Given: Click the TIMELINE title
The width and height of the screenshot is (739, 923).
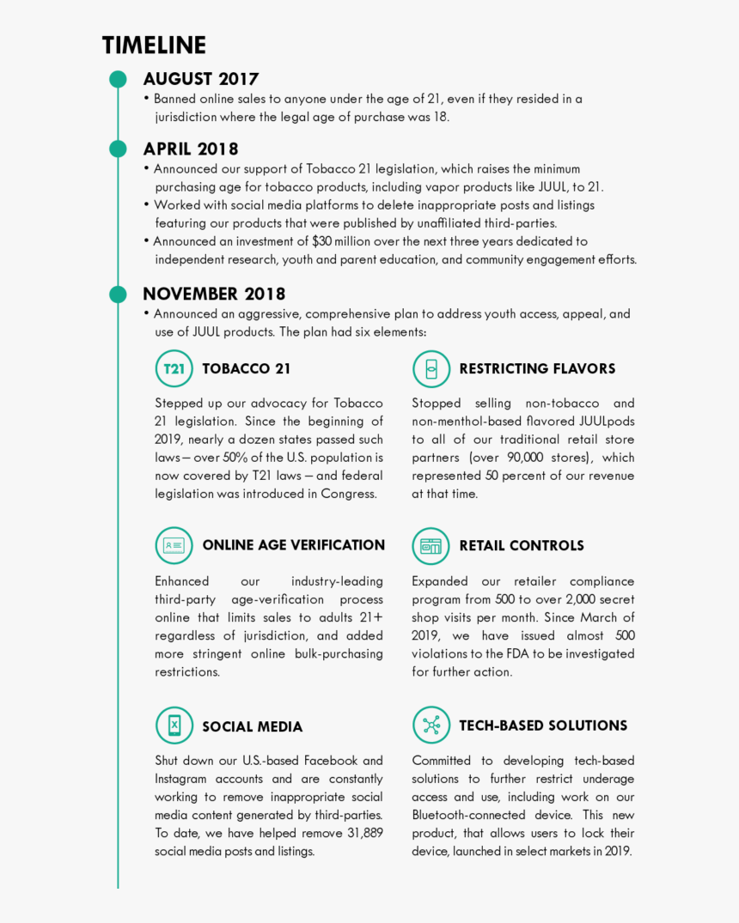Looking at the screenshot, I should coord(154,46).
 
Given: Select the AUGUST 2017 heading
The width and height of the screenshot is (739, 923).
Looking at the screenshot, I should coord(201,79).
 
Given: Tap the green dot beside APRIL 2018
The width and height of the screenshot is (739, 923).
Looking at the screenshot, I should coord(119,149).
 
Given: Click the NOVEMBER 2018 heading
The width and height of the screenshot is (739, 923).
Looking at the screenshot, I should coord(214,295).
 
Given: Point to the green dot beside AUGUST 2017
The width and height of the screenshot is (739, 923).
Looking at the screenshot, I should coord(119,80).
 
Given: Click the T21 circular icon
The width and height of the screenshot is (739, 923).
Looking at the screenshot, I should coord(174,369).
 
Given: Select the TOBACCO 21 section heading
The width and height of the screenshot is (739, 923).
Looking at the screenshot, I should coord(247,369).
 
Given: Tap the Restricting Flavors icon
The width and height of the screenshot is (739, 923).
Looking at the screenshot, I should coord(431,369).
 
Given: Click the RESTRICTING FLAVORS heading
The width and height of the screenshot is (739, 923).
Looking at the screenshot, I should coord(537,369).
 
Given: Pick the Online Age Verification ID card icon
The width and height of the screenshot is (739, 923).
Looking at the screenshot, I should coord(174,546).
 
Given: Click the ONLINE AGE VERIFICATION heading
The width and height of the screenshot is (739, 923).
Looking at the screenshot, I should coord(293,545).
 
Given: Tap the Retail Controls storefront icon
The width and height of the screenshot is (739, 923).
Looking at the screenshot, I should coord(431,546).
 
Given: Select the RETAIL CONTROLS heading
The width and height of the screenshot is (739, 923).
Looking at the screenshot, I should coord(521,546).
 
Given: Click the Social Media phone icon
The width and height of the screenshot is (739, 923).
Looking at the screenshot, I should coord(174,726).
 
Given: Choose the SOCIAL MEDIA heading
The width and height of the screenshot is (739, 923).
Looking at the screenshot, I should coord(252,727).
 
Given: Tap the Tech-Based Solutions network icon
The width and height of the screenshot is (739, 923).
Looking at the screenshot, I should coord(431,726).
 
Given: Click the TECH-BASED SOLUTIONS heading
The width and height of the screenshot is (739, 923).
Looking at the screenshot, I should coord(543,726).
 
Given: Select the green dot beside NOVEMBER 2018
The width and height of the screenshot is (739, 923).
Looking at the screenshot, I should coord(119,295).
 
